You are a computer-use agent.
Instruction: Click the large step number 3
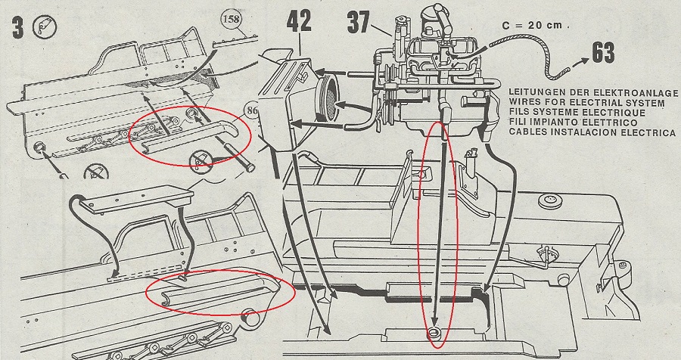18,28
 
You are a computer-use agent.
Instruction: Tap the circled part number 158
232,20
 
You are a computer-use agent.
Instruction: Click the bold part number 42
299,22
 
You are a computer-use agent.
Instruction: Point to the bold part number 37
359,23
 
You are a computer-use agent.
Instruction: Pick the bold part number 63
603,52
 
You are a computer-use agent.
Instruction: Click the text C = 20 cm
535,25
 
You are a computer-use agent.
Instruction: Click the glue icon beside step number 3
44,27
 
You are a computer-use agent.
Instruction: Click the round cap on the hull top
550,201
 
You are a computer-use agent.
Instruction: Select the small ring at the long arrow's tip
434,334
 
